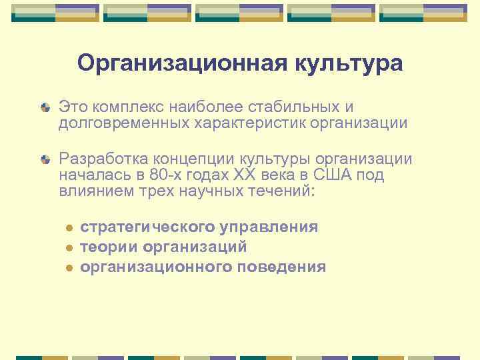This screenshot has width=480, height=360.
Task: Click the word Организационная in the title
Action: click(179, 63)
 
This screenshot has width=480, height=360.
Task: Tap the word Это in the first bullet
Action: click(73, 107)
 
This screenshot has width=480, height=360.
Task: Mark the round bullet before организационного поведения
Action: click(69, 268)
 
